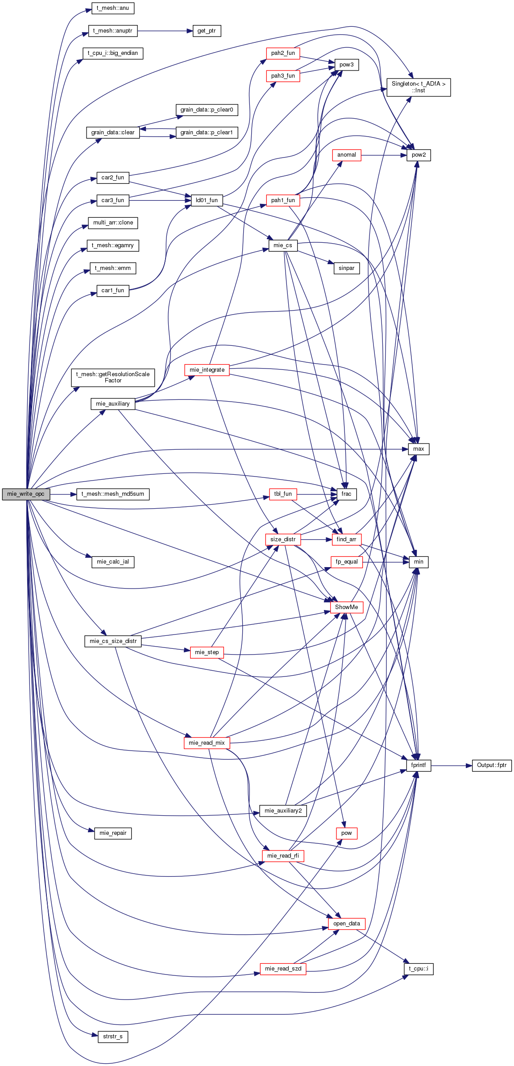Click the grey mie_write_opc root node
26,494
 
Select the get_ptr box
207,31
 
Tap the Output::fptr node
492,765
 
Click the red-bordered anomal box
347,155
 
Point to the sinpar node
347,268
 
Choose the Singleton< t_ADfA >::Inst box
419,87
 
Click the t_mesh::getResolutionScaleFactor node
113,377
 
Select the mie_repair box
113,833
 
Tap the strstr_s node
113,1037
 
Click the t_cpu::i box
419,969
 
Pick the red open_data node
347,924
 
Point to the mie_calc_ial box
113,562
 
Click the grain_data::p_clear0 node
207,110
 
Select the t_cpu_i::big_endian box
113,53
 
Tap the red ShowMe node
347,607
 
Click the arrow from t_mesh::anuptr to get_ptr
165,31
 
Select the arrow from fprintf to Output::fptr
452,765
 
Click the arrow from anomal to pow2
384,155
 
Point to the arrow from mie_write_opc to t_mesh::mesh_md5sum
63,494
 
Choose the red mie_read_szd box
283,969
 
